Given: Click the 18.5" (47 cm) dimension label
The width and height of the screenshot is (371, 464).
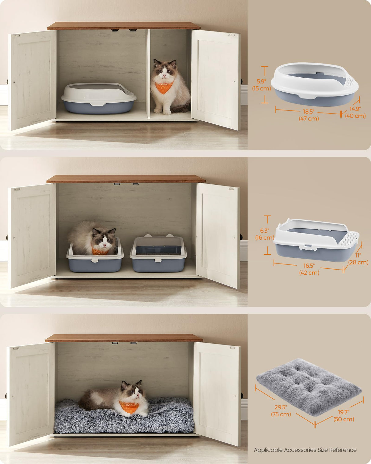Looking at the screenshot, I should [309, 115].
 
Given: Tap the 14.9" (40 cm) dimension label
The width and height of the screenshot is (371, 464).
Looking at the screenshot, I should [355, 112].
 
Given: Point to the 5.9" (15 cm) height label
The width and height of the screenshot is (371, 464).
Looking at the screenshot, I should [261, 85].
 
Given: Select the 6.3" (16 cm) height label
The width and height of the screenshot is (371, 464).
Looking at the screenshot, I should [264, 234].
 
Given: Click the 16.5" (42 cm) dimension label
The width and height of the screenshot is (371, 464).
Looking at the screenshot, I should [309, 269].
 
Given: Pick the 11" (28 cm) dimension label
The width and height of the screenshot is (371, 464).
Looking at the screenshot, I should [358, 259].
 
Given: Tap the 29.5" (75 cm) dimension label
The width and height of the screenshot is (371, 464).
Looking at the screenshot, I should [281, 411].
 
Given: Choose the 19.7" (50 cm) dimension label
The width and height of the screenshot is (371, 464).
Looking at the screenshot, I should [343, 416].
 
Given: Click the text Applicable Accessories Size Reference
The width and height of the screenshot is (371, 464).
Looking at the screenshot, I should [305, 450].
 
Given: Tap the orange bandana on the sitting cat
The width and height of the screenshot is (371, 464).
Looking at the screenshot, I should [164, 87].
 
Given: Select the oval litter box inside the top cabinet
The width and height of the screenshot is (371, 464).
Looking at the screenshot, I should [98, 98].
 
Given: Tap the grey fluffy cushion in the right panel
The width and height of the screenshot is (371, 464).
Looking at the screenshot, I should [309, 387].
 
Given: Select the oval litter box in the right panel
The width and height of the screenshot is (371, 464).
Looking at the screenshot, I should [315, 84].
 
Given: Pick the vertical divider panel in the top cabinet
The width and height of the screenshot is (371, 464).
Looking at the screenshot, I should [148, 73].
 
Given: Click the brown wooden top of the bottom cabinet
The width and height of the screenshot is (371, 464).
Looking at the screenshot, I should [124, 338].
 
